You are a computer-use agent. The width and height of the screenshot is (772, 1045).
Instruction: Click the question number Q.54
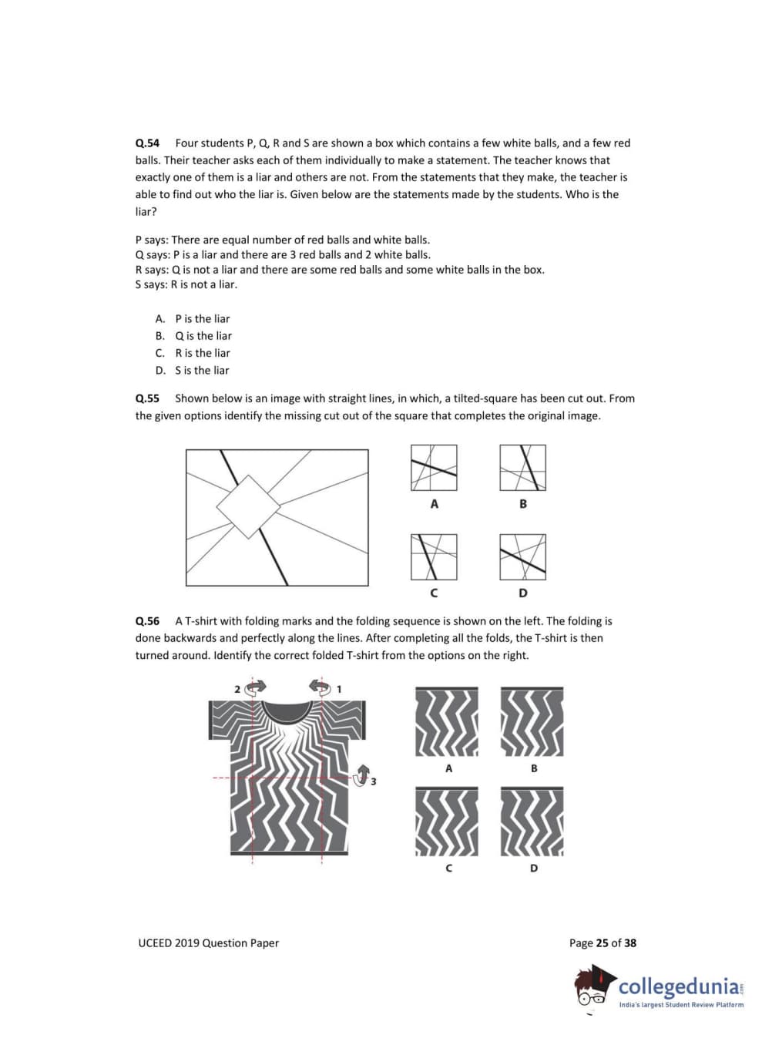click(147, 143)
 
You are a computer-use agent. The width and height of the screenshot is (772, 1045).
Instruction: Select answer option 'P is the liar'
click(202, 319)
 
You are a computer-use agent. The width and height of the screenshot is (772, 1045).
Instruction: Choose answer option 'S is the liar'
click(202, 371)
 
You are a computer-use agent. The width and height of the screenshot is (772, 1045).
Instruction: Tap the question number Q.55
click(147, 398)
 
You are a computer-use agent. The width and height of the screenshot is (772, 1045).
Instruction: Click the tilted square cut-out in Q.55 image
click(247, 506)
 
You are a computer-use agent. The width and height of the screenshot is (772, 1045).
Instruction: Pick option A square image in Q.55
click(434, 468)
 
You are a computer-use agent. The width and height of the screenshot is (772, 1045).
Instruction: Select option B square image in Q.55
click(522, 468)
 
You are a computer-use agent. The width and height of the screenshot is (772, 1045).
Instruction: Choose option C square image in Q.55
click(434, 557)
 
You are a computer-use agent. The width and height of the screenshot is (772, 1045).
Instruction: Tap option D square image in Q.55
click(522, 557)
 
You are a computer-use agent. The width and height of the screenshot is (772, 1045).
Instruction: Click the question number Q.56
click(147, 621)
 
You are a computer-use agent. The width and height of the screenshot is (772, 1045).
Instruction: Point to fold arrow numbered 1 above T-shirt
click(320, 686)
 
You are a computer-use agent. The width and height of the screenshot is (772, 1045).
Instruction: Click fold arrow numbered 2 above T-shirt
click(255, 687)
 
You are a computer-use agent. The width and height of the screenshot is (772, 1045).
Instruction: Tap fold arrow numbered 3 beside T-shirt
click(362, 773)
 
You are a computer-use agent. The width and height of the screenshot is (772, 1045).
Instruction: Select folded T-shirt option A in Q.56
click(447, 722)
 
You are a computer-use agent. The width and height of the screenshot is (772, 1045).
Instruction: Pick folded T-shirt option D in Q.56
click(532, 822)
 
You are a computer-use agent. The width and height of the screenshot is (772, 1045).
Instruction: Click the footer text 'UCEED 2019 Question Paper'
click(208, 943)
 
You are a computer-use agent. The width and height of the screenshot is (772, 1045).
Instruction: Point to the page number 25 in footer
click(602, 943)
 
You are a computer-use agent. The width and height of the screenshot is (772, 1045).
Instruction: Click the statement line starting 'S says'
click(186, 284)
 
